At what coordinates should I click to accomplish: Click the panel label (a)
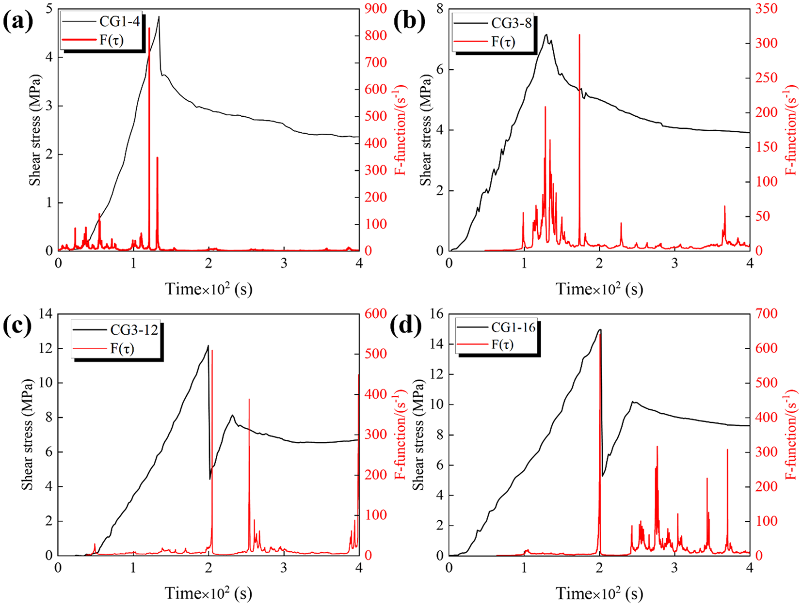(18, 22)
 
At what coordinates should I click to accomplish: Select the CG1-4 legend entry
(120, 22)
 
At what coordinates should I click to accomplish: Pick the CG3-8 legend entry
(511, 23)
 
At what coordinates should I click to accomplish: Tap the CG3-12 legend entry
(134, 330)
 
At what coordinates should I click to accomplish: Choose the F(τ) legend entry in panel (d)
(503, 344)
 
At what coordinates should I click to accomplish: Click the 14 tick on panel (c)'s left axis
(45, 314)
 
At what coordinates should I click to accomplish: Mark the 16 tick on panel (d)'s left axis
(436, 314)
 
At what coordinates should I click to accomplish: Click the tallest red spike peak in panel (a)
(149, 29)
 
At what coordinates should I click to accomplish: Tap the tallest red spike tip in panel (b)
(579, 35)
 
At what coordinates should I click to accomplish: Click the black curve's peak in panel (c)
(208, 346)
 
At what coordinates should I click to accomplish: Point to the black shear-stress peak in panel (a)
(159, 17)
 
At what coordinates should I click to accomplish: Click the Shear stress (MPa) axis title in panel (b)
(425, 130)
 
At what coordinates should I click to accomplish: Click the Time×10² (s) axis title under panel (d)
(599, 593)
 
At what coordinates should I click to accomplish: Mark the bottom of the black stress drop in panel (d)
(602, 476)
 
